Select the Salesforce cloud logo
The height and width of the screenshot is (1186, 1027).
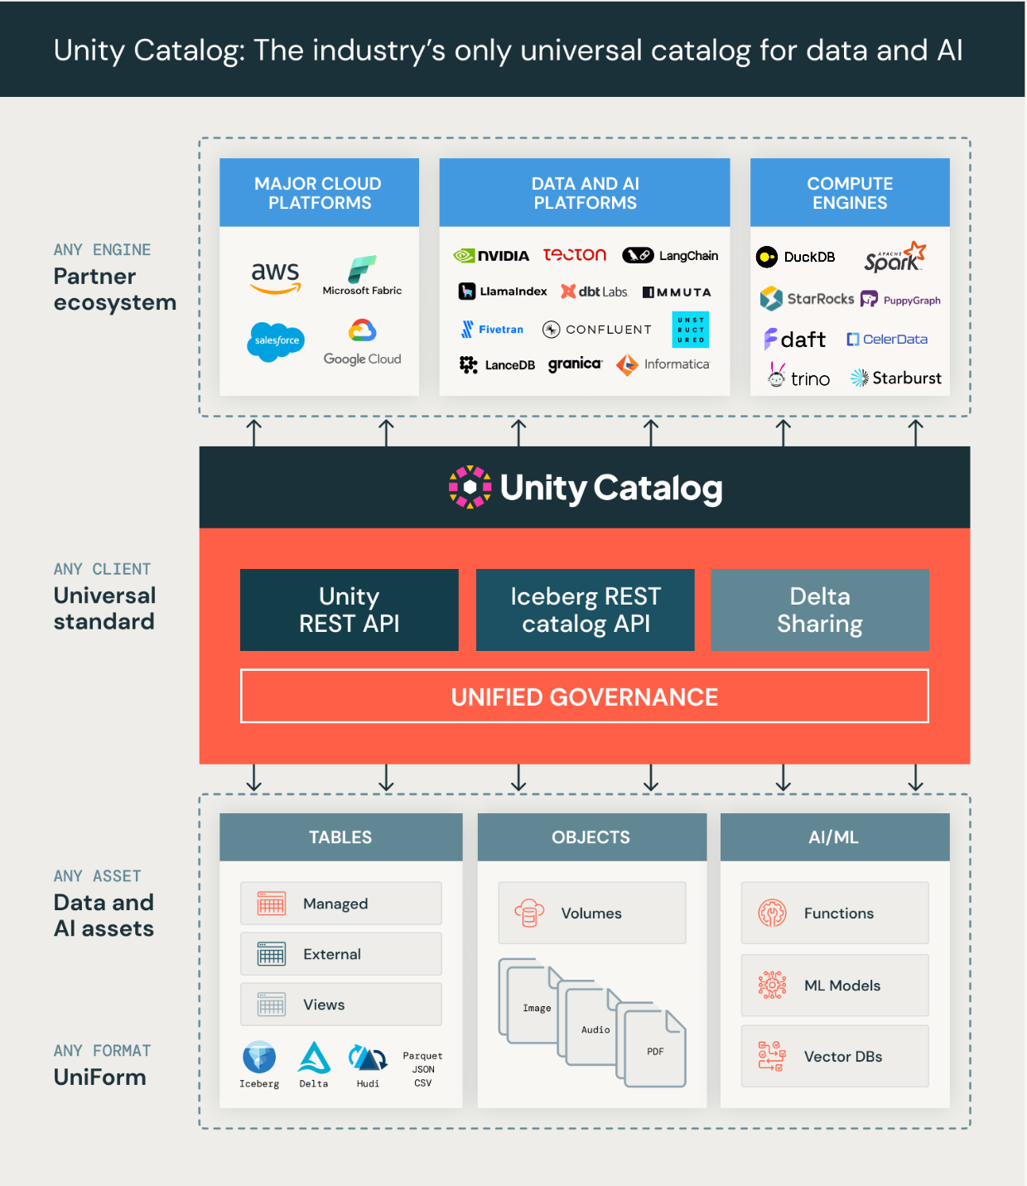[276, 341]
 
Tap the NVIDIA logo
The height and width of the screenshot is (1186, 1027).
[491, 256]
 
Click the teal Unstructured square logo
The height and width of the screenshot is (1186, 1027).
[690, 330]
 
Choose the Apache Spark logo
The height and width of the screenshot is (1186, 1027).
[894, 258]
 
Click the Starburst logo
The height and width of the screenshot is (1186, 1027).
[895, 378]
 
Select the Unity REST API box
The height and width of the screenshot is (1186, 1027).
[349, 610]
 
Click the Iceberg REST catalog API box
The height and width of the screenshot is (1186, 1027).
[585, 610]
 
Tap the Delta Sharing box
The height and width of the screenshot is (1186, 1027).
[819, 610]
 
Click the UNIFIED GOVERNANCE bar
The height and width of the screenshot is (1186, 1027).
[584, 697]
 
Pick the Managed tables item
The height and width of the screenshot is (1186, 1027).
[340, 904]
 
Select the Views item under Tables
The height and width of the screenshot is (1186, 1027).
[340, 1005]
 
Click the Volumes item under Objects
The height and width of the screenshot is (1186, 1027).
[591, 913]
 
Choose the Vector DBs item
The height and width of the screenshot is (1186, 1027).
[834, 1057]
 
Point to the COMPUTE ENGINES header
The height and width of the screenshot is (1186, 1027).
[850, 193]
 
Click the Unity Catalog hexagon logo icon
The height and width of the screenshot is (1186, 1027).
[470, 487]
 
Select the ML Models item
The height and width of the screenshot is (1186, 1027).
[834, 986]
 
